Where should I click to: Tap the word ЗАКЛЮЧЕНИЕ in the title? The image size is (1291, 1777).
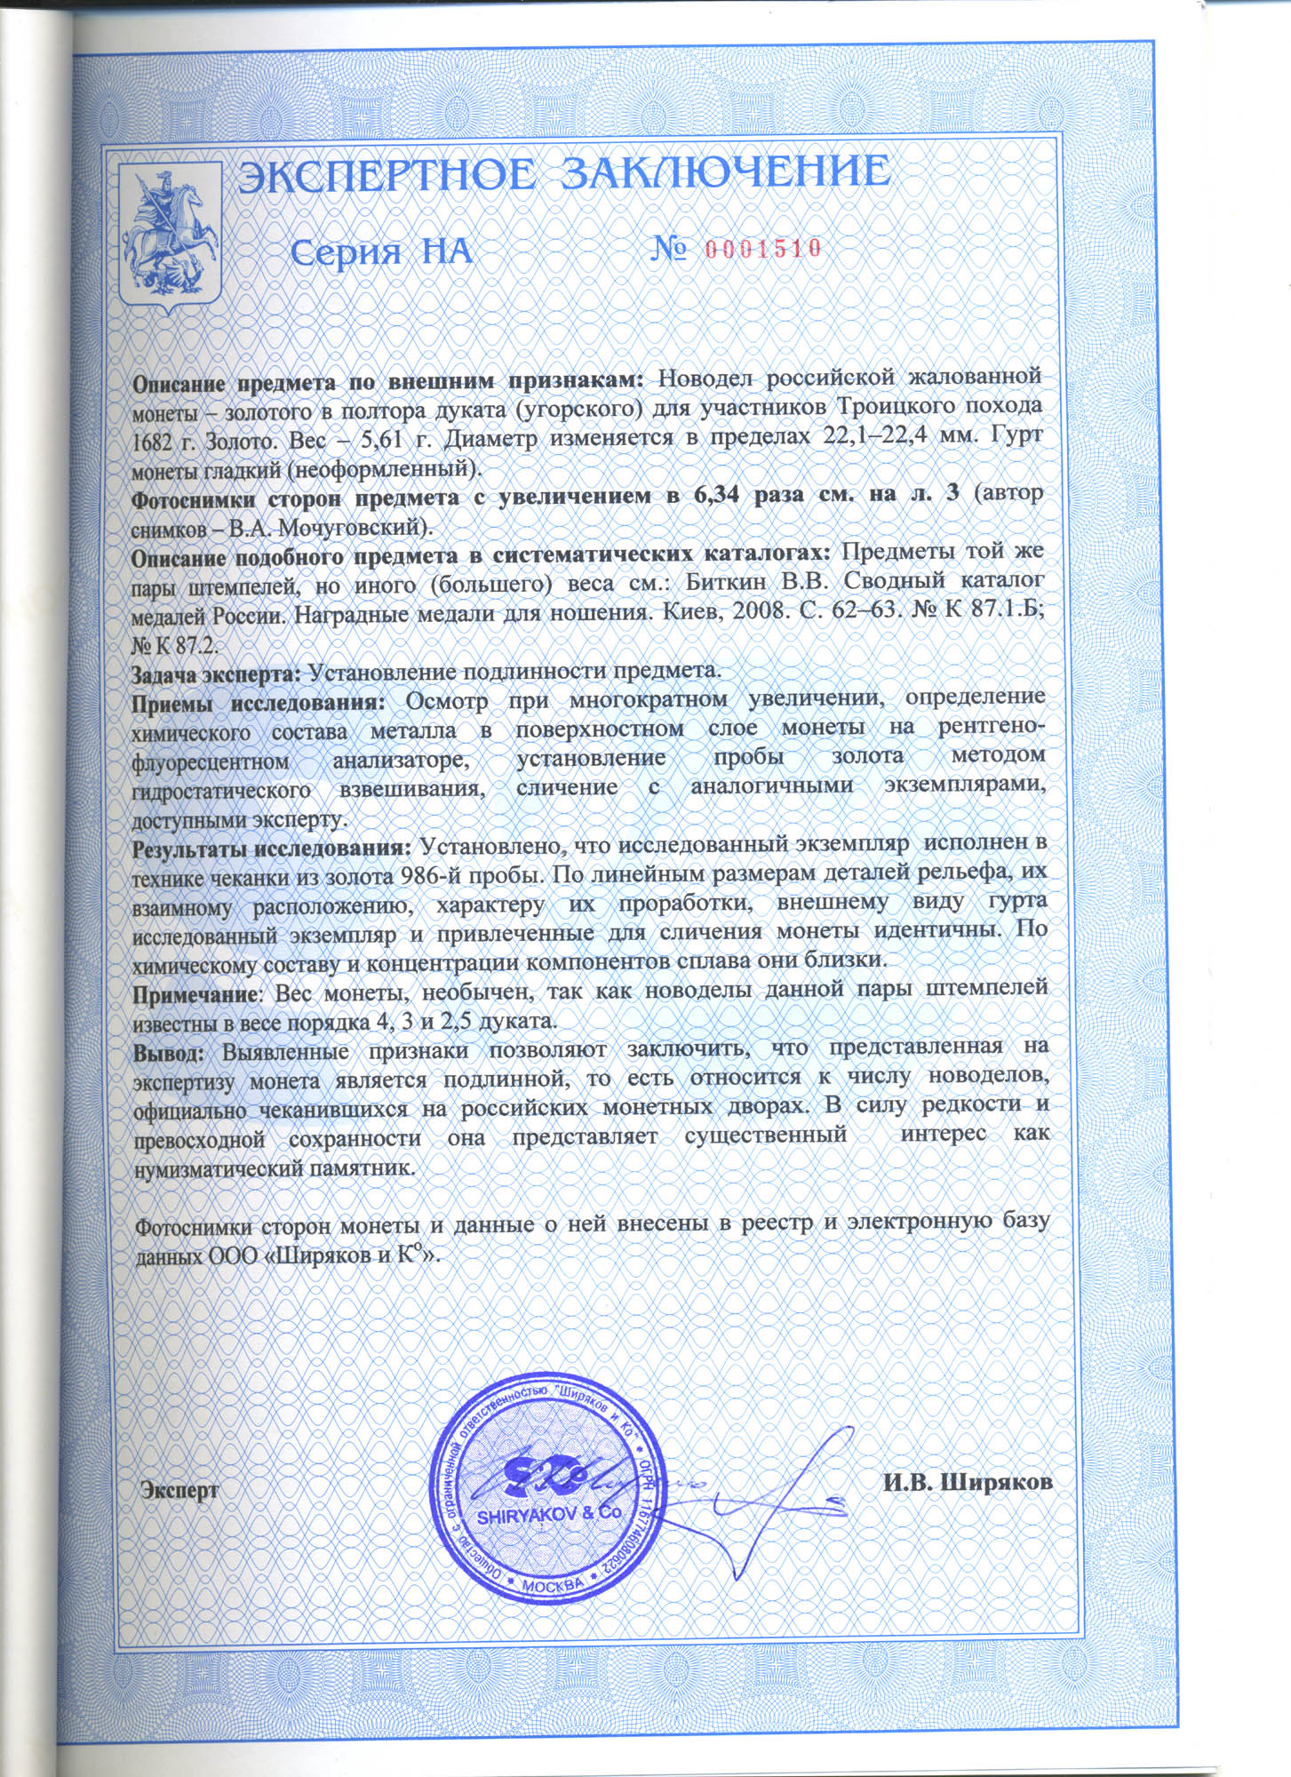pos(728,171)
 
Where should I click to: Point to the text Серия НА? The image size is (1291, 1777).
pos(381,252)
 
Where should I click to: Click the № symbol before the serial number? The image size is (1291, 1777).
pos(670,248)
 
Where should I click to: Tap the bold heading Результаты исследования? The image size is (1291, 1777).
pos(271,846)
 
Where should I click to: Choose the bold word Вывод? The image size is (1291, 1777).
pos(169,1049)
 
